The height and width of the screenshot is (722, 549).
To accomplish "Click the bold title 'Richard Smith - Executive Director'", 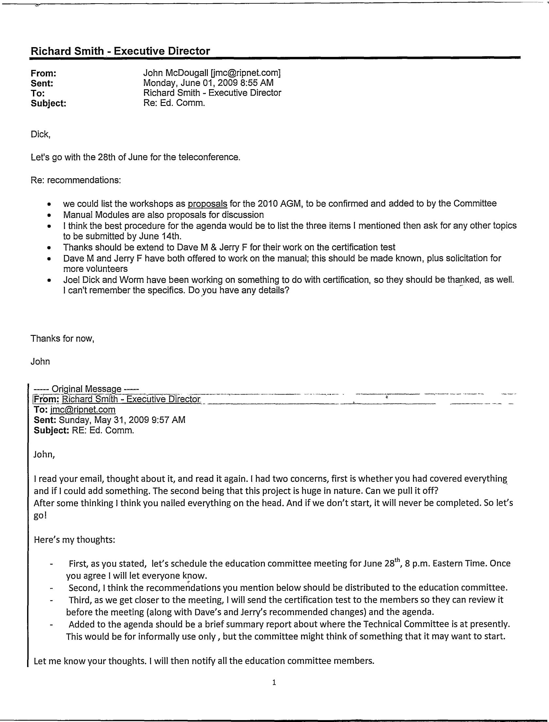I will [x=120, y=51].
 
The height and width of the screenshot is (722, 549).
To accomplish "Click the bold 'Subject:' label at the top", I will [x=48, y=103].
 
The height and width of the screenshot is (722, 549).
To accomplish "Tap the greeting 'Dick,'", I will [x=40, y=134].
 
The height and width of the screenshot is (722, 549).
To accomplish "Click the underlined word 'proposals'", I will [x=208, y=204].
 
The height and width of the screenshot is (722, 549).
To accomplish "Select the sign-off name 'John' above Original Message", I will [x=40, y=362].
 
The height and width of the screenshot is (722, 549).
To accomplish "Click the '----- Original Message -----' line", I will [x=87, y=389].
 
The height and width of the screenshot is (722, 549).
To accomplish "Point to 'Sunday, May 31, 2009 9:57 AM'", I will [x=122, y=420].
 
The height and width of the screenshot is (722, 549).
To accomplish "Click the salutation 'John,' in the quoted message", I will [x=44, y=455].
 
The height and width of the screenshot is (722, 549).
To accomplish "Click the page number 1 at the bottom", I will [x=274, y=682].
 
